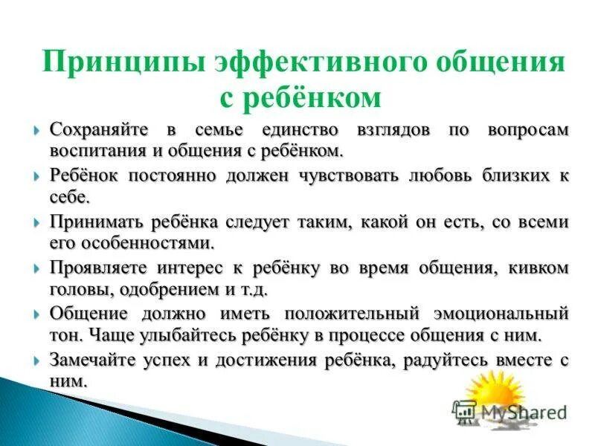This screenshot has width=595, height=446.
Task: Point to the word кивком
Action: click(540, 268)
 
